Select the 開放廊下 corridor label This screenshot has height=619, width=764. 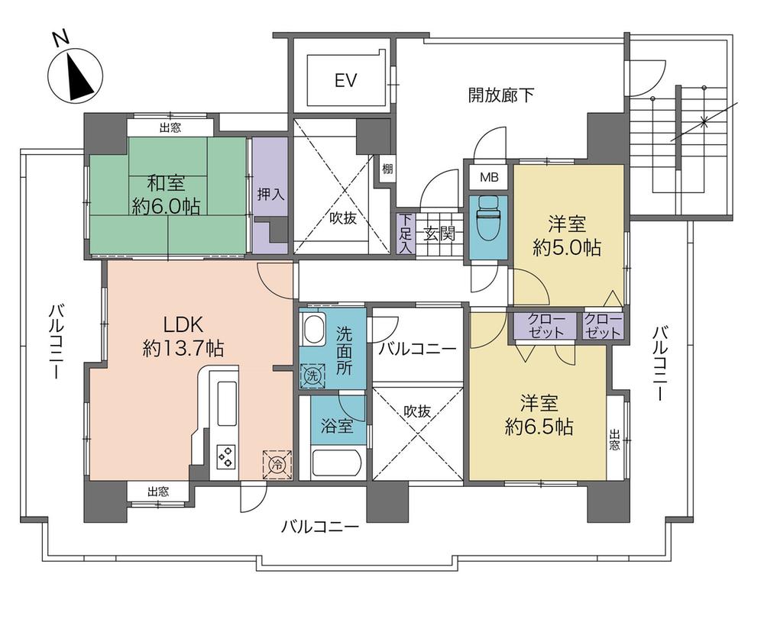pos(501,95)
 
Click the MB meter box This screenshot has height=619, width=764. pos(489,178)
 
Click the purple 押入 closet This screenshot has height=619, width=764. pos(270,195)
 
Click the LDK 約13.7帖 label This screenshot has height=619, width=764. pos(183,335)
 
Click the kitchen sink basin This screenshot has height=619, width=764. pos(227,402)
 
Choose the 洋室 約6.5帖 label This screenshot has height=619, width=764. pos(539,414)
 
